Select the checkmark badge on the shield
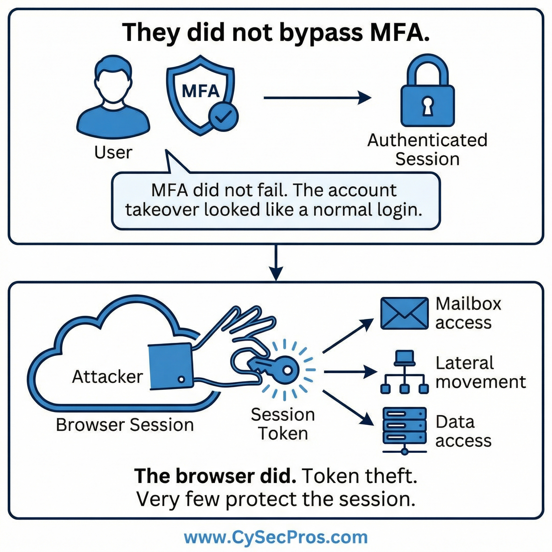click(223, 116)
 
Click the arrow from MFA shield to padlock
click(317, 98)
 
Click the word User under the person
click(113, 153)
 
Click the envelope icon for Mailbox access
click(404, 313)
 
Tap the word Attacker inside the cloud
click(108, 377)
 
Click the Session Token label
click(283, 424)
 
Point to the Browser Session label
click(125, 425)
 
